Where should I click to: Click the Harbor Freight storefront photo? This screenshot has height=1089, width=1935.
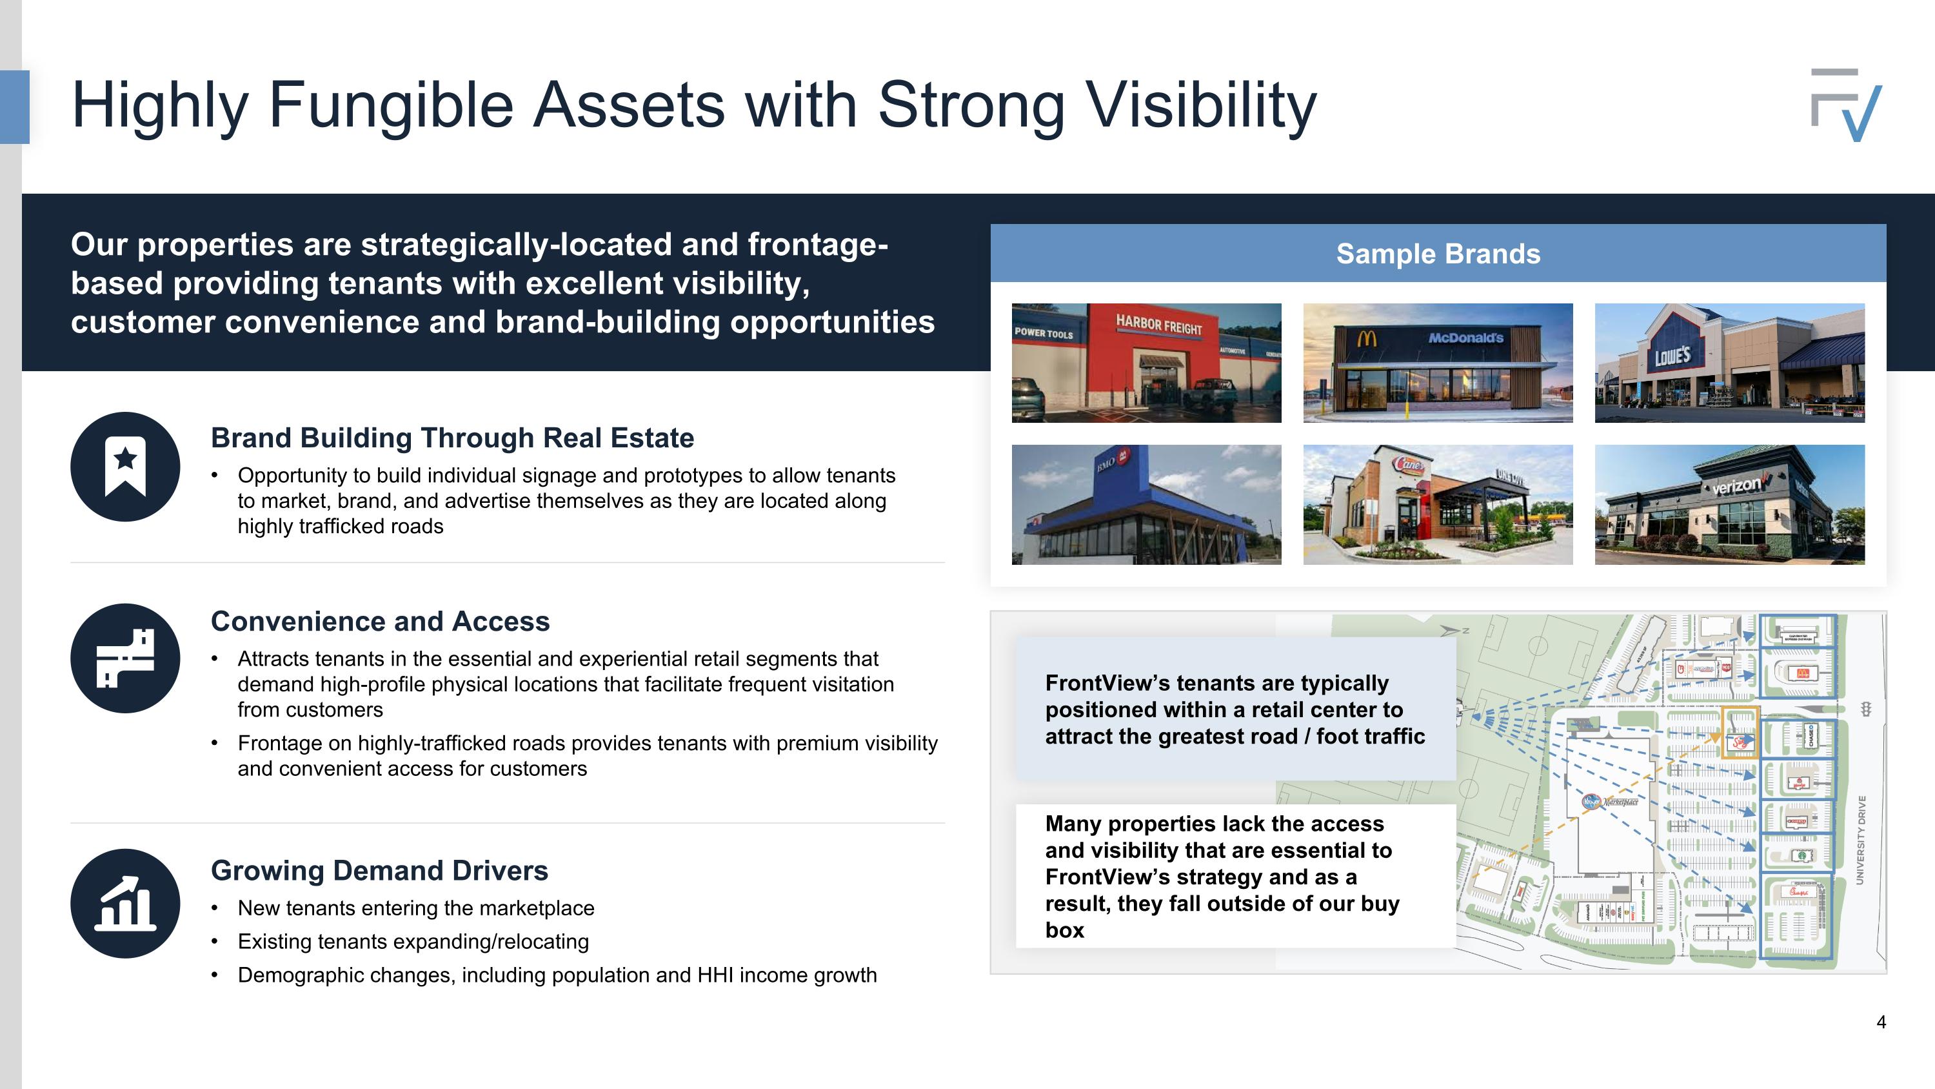1146,363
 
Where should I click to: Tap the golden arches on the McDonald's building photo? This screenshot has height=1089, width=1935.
1366,340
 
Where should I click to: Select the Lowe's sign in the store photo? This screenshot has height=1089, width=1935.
1672,355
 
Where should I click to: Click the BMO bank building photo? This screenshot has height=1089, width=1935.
1146,504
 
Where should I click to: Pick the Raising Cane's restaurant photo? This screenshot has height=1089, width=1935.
1437,504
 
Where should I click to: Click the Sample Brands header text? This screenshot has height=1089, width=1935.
1438,254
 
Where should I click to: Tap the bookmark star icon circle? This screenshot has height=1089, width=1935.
125,467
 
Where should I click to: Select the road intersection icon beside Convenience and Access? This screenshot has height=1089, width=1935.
125,658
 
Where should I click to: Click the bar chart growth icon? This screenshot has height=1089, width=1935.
125,903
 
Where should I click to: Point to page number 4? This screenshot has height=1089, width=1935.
1881,1022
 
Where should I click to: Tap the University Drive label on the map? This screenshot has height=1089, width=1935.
1861,839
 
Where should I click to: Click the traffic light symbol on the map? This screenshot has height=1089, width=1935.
1865,709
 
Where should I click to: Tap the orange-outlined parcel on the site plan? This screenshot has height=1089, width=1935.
1739,733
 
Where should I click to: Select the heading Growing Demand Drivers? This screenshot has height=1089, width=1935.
379,870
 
